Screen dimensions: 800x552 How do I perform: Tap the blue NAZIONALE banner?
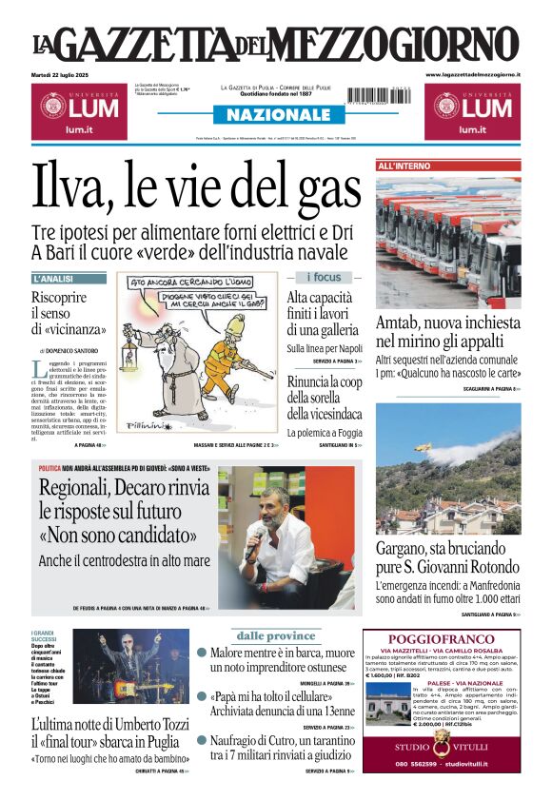coord(272,115)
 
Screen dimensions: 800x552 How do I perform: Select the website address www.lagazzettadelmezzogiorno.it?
coord(473,74)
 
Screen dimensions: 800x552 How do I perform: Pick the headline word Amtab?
coord(400,322)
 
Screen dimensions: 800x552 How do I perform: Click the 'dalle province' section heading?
coord(275,634)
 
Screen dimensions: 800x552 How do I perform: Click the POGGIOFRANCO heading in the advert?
coord(442,638)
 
